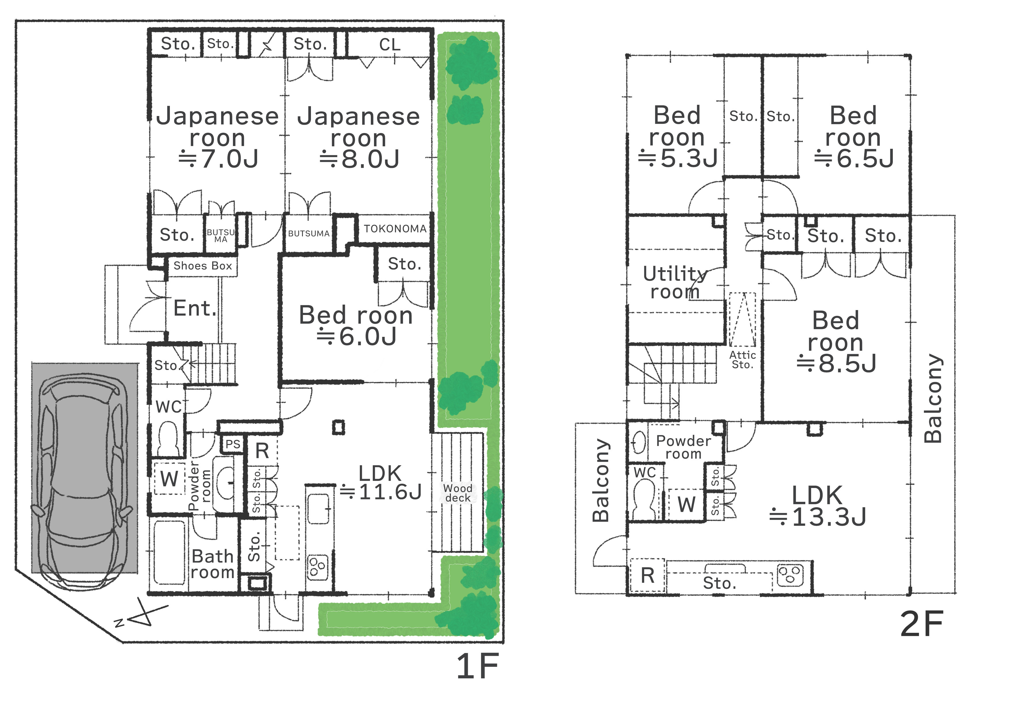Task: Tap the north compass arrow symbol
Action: [142, 614]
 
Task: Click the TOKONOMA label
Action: [395, 229]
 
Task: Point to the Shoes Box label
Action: [203, 266]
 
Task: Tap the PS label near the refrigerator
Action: [233, 444]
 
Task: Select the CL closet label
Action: [390, 44]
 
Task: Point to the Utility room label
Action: [675, 282]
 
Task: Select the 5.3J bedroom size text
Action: [678, 158]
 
